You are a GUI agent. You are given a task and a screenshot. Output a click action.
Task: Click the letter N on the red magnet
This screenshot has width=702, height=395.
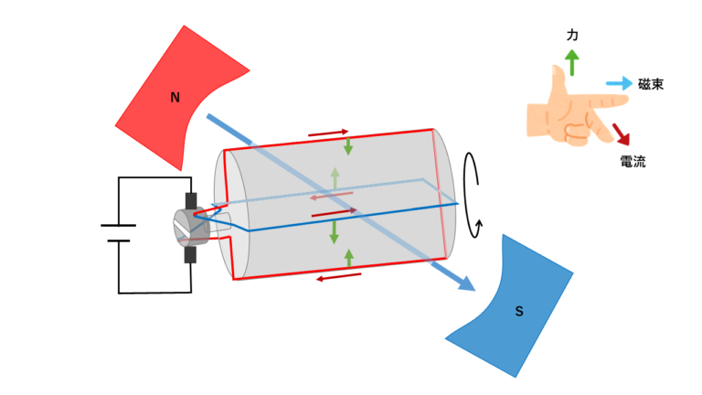click(175, 97)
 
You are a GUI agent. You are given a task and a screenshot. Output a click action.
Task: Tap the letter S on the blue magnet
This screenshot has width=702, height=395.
click(519, 311)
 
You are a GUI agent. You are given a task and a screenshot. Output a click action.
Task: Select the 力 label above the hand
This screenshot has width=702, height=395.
click(572, 35)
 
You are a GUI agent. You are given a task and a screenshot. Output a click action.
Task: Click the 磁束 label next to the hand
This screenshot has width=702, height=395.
click(651, 84)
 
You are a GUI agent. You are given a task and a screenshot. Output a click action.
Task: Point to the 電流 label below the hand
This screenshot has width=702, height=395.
click(633, 162)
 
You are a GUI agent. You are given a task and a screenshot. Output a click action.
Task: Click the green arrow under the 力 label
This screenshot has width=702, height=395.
click(571, 62)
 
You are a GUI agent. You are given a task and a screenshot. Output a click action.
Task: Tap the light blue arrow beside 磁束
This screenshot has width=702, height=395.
click(619, 83)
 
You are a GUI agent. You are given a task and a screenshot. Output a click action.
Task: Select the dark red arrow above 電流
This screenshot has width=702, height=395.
click(621, 134)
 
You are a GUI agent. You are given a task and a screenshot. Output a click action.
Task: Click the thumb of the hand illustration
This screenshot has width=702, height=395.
click(558, 80)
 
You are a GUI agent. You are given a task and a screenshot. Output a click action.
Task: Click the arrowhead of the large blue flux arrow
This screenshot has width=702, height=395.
click(467, 283)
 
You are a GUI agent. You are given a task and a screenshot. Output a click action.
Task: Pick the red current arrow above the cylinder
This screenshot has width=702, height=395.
click(328, 133)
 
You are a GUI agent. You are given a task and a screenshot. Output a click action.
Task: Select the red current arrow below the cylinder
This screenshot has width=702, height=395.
click(338, 277)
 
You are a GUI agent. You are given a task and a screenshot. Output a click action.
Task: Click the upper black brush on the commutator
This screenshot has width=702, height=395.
click(191, 201)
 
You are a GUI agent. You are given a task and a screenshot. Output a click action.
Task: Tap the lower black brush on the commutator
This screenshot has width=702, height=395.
click(190, 254)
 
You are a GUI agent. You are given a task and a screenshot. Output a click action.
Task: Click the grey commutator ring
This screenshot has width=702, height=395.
click(191, 228)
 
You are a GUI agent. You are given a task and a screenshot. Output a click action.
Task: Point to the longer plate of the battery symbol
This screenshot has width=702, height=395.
click(118, 225)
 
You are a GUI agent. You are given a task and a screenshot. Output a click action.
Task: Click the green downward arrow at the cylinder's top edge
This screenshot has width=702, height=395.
click(348, 146)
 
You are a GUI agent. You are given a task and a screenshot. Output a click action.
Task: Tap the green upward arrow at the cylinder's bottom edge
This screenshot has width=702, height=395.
click(349, 259)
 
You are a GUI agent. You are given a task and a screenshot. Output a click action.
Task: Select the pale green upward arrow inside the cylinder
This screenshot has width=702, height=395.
click(335, 178)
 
